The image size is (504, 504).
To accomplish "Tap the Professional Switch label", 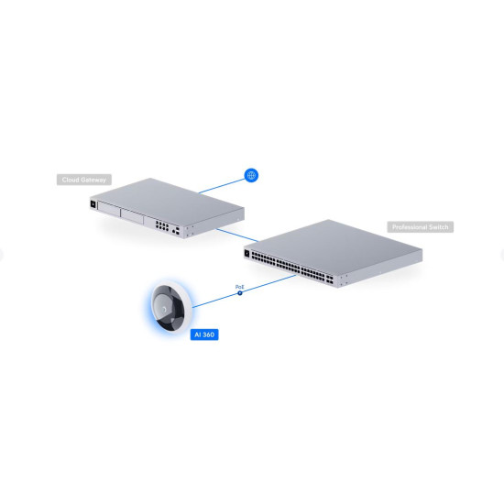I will (x=422, y=226).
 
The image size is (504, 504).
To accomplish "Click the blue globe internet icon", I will (x=251, y=175).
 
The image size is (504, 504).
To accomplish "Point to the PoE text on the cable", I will (x=240, y=287).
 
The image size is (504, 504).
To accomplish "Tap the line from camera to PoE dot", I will (x=215, y=300).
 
